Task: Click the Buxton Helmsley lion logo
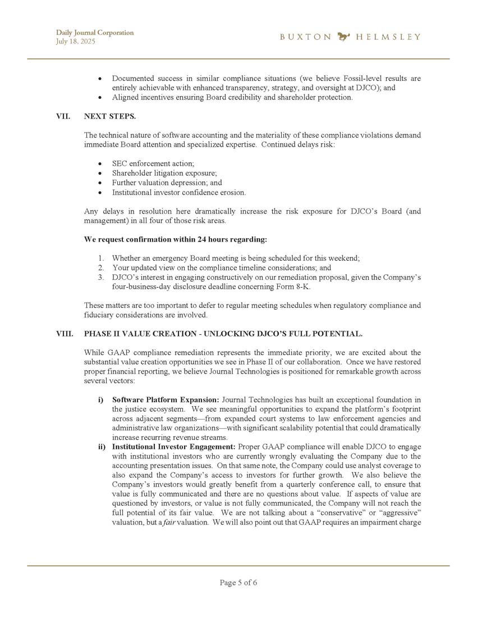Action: pyautogui.click(x=343, y=37)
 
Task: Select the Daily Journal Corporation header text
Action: pyautogui.click(x=95, y=33)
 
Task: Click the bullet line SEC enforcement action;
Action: pyautogui.click(x=153, y=163)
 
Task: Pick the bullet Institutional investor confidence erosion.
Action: pyautogui.click(x=178, y=192)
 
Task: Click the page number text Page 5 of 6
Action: pyautogui.click(x=238, y=583)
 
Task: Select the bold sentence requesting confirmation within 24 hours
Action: pyautogui.click(x=175, y=239)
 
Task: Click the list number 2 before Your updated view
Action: pyautogui.click(x=100, y=268)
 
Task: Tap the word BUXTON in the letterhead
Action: pyautogui.click(x=306, y=37)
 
